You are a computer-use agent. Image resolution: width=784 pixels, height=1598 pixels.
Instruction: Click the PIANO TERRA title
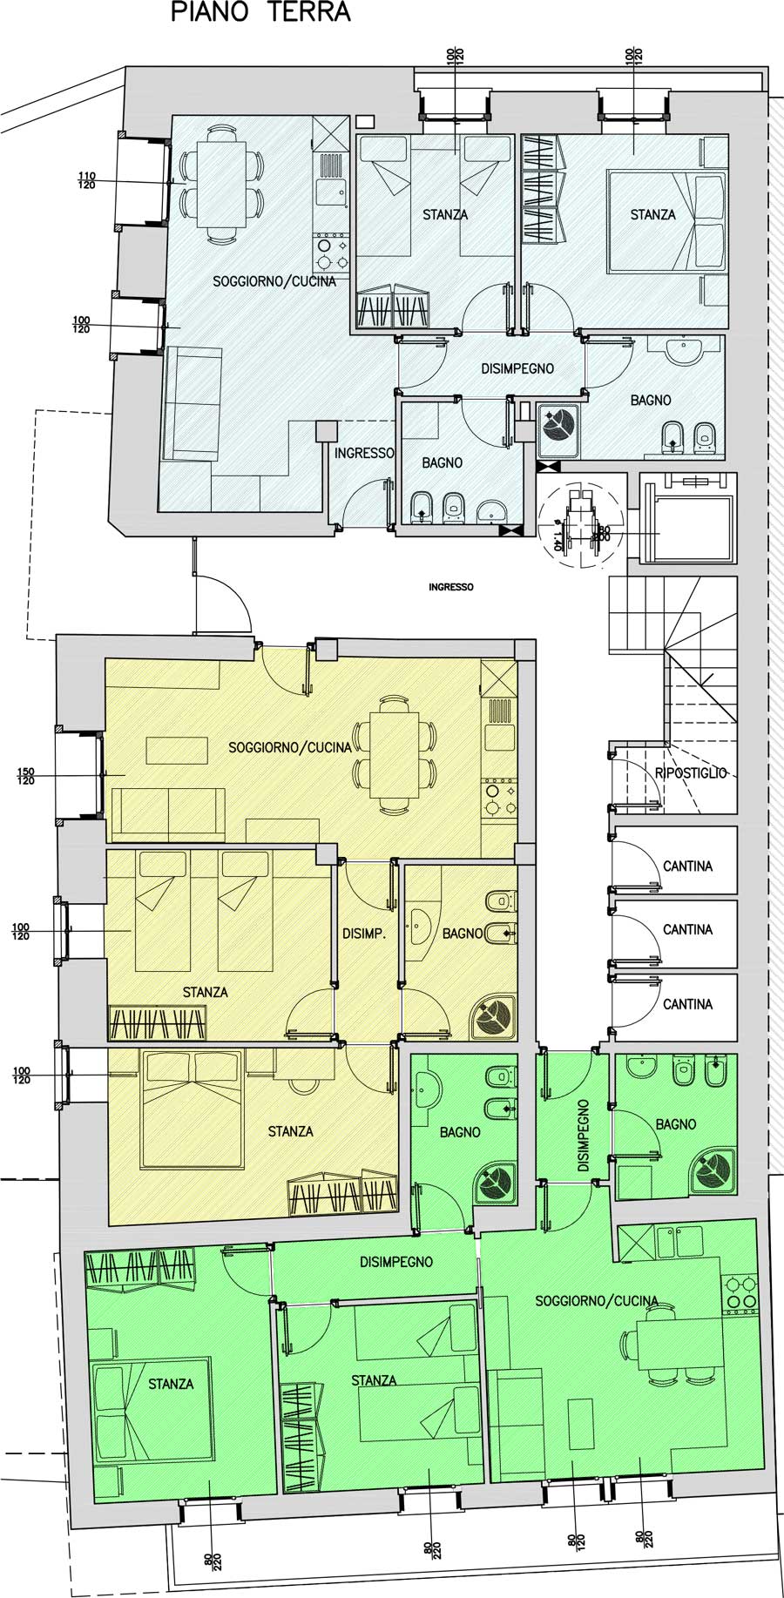click(260, 13)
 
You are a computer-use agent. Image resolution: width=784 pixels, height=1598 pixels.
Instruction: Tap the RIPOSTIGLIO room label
click(691, 773)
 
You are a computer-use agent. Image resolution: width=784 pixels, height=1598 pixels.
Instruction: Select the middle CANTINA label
click(687, 930)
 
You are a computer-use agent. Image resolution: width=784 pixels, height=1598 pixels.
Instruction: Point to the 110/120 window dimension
click(86, 180)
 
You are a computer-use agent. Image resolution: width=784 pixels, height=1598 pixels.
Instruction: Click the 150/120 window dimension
click(26, 776)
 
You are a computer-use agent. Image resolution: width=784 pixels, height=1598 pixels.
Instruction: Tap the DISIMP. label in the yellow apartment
click(363, 934)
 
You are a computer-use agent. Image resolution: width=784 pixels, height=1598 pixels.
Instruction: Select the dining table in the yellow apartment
click(394, 754)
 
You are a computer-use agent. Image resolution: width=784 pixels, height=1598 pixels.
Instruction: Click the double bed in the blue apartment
click(666, 222)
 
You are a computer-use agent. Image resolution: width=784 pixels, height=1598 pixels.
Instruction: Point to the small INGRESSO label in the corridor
click(451, 587)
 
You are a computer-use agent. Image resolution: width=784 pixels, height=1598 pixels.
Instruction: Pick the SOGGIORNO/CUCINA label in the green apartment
click(597, 1301)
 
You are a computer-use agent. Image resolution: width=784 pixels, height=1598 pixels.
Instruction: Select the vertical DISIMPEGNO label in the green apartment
click(583, 1135)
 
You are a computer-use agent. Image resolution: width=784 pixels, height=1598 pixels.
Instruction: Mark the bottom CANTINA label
click(687, 1004)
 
